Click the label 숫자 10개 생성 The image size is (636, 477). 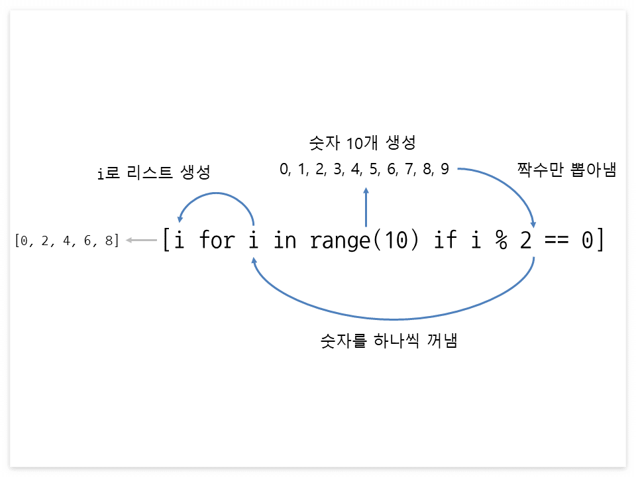(362, 142)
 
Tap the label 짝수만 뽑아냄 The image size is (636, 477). (567, 170)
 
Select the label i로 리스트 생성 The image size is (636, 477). (153, 174)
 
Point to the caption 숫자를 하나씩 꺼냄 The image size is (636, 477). (390, 342)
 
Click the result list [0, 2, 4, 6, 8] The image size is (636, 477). (67, 240)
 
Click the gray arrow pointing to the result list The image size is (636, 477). (141, 240)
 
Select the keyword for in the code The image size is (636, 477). (216, 240)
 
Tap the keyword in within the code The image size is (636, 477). (285, 240)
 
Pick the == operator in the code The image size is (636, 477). (557, 240)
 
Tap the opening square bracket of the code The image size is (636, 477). (166, 240)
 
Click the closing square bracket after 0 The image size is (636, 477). (601, 240)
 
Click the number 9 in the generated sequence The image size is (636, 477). (445, 170)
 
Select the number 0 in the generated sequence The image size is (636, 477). (285, 170)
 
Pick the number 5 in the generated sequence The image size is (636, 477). (374, 170)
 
